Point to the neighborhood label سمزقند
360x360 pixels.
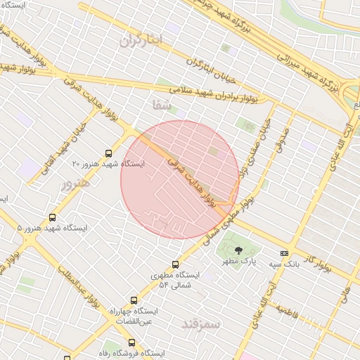201,324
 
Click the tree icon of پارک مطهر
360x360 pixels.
238,250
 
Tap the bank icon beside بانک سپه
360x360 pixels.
284,252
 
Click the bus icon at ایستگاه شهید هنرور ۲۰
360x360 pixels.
108,153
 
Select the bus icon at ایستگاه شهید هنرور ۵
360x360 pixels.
52,217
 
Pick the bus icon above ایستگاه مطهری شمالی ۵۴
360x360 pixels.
155,264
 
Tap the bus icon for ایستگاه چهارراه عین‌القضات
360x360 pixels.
134,300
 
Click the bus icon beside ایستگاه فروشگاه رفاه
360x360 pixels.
131,342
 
